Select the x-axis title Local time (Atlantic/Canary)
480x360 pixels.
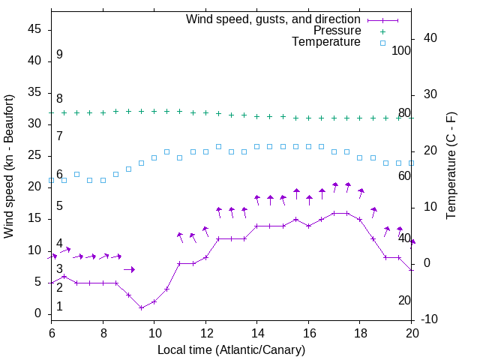click(231, 349)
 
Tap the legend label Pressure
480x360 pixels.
click(337, 31)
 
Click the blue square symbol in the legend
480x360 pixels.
click(382, 43)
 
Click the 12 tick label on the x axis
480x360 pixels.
click(205, 331)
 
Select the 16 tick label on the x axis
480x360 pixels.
click(308, 331)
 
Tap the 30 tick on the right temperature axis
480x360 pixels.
click(432, 94)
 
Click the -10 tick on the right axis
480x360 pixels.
click(430, 319)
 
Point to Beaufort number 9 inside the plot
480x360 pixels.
click(59, 55)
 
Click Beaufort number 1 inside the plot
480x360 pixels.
click(59, 307)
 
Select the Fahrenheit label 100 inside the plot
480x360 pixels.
click(401, 50)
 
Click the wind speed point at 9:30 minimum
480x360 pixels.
click(141, 307)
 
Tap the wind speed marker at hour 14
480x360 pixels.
click(257, 226)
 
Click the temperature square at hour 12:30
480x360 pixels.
click(218, 146)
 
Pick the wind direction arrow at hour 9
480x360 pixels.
click(129, 269)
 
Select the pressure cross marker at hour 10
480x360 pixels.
click(154, 111)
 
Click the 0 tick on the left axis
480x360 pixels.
click(39, 313)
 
